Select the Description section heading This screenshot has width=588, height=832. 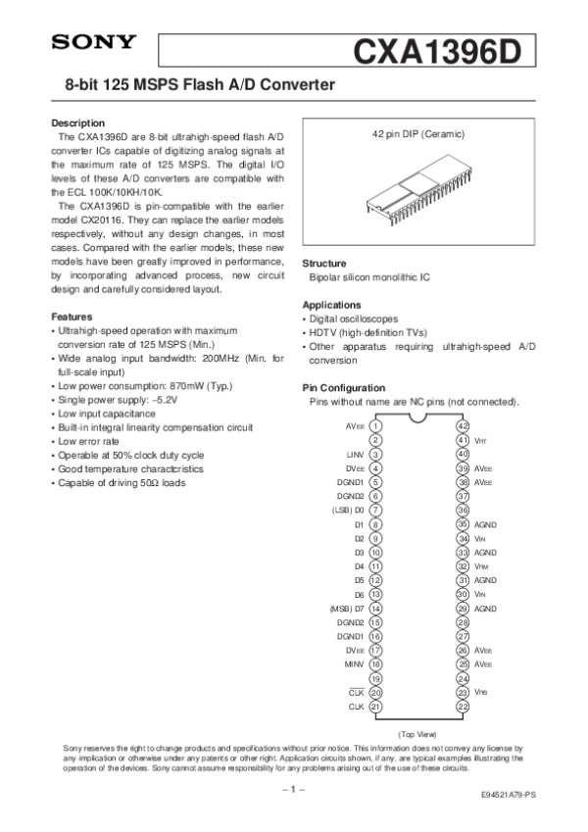[x=77, y=122]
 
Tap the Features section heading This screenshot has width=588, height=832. [x=72, y=318]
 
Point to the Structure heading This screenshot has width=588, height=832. [x=324, y=265]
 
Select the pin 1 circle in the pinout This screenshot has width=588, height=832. [x=376, y=426]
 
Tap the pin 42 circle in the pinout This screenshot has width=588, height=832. [x=464, y=426]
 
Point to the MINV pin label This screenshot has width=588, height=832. [x=354, y=664]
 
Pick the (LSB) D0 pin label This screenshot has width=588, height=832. [x=348, y=511]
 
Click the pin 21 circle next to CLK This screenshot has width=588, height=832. [x=376, y=707]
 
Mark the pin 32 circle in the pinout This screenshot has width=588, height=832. [x=464, y=566]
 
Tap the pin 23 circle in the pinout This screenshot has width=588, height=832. [x=464, y=692]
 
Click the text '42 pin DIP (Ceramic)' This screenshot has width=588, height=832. [x=418, y=133]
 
